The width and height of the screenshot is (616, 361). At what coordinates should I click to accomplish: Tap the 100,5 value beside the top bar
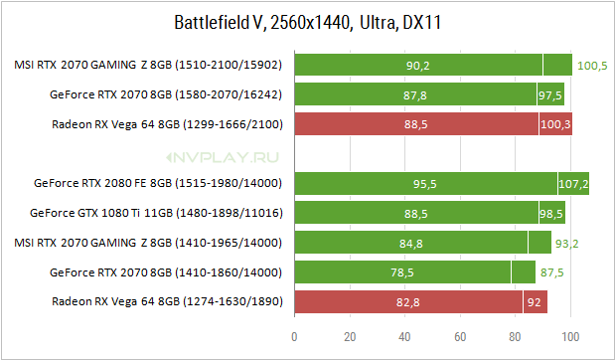coord(592,66)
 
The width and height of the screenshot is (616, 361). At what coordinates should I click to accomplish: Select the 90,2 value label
coord(417,66)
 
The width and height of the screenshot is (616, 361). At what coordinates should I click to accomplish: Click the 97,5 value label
coord(550,95)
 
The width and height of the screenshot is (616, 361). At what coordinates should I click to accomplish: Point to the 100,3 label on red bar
coord(555,124)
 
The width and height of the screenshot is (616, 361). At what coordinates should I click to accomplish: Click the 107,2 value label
coord(573,184)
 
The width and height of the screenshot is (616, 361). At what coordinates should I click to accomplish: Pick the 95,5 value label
coord(424,184)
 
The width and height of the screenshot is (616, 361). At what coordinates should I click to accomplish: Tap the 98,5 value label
coord(550,214)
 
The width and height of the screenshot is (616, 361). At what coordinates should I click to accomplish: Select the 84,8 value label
coord(411,244)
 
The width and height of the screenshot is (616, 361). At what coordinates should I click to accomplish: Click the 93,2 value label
coord(566,244)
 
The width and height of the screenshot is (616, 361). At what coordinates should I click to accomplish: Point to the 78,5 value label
coord(402,272)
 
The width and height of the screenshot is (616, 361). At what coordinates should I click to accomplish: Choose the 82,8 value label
coord(407,302)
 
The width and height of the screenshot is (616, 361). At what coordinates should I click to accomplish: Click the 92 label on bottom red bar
coord(534,302)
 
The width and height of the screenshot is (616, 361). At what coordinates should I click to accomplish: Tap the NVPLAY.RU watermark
coord(223,158)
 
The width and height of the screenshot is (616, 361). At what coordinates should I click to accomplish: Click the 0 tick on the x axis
coord(294,336)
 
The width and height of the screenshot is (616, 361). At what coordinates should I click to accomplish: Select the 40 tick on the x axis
coord(404,336)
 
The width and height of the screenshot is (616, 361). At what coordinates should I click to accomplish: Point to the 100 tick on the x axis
coord(570,336)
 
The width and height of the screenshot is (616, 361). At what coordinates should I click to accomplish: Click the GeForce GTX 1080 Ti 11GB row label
coord(156,213)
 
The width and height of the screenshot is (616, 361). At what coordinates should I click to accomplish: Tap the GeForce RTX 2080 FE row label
coord(158,183)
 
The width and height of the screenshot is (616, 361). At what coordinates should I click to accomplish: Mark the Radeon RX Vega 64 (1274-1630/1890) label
coord(167,301)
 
